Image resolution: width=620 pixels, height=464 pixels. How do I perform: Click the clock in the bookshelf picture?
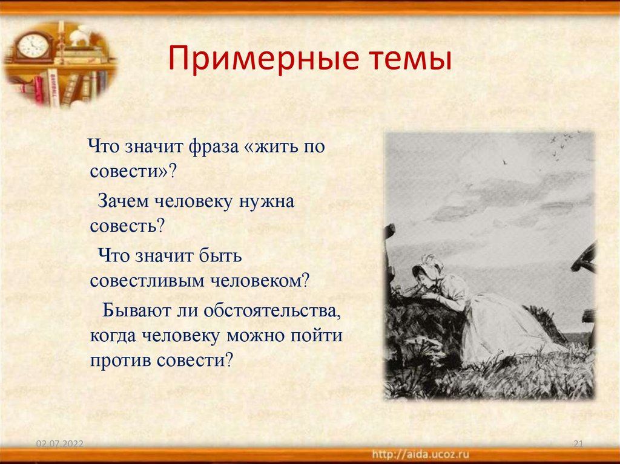point(33,46)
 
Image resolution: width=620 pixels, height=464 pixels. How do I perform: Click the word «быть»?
point(219,255)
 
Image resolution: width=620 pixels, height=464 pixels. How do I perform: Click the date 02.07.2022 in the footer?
point(59,445)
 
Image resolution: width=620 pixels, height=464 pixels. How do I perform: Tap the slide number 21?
point(577,445)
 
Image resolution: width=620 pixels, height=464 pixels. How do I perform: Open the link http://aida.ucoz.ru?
point(421,453)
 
